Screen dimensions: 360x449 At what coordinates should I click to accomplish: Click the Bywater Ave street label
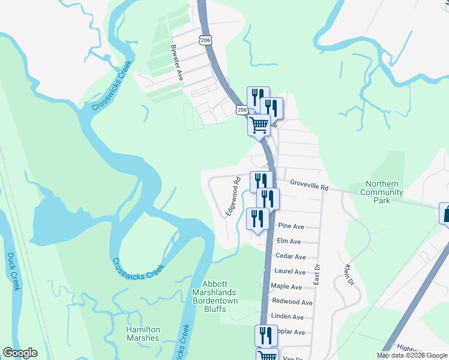[176, 62]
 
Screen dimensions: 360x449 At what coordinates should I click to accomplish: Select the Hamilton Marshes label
[143, 334]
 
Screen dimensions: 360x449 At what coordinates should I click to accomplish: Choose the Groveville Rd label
[309, 185]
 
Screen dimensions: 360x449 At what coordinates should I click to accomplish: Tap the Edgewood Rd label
[233, 200]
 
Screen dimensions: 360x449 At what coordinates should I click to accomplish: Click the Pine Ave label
[292, 226]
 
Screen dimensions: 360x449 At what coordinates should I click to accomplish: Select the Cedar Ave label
[291, 256]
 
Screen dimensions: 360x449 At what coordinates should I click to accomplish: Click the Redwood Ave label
[292, 302]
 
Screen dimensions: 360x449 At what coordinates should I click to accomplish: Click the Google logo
[20, 353]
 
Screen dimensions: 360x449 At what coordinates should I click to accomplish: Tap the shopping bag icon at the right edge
[445, 213]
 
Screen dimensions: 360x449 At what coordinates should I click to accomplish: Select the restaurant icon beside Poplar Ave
[265, 335]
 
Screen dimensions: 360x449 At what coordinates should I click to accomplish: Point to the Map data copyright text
[411, 355]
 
